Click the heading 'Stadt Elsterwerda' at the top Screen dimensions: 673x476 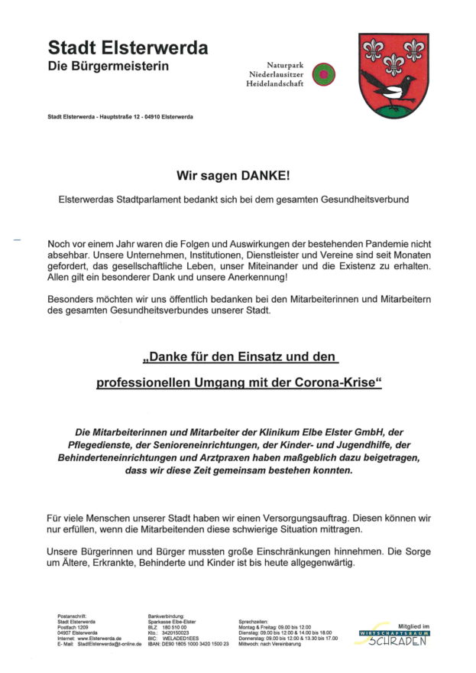128,48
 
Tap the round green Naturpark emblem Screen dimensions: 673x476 324,74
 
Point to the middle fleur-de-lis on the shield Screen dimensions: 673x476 394,63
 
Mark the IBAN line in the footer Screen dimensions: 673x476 188,645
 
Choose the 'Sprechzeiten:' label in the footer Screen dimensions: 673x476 254,622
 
